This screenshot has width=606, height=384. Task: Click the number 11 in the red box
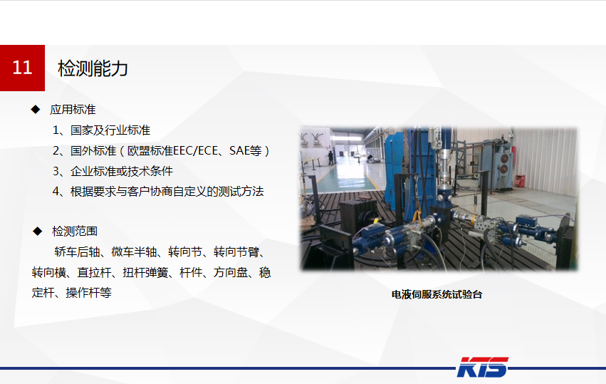coord(23,68)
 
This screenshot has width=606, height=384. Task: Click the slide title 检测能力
coord(93,68)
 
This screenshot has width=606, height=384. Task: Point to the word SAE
coord(239,151)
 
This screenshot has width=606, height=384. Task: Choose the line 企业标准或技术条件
coord(122,171)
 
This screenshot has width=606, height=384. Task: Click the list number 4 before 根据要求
coord(56,192)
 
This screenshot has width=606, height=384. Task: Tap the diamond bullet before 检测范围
coord(36,232)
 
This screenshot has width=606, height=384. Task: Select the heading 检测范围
coord(75,232)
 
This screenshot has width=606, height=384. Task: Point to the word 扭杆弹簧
coord(148,272)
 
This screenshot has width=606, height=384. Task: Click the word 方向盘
coord(230,272)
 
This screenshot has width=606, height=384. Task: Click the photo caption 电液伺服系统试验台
coord(437,294)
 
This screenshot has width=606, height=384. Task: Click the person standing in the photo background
coord(331,156)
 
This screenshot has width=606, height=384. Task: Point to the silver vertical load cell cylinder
coord(444,162)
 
